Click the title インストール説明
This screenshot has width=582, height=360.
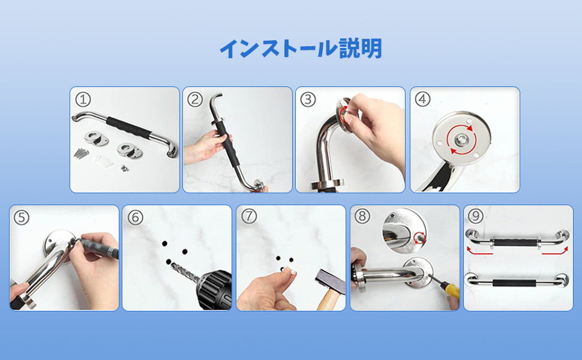coord(301,49)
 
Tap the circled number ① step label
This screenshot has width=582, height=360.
coord(83,100)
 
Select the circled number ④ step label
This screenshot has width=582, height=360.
coord(422,100)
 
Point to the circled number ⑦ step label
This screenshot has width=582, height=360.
coord(248,217)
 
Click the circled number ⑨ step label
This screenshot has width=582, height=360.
coord(475,216)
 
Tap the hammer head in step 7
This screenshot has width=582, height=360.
coord(330,281)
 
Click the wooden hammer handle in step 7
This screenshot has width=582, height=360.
coord(328,300)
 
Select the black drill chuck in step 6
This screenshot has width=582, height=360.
coord(215,289)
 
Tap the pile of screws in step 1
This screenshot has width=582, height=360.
coord(81,152)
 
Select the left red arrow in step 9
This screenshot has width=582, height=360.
coord(479,251)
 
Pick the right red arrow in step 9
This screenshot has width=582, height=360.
coord(555,251)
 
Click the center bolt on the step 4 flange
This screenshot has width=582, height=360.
coord(461,140)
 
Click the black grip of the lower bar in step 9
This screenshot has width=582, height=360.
coord(514,283)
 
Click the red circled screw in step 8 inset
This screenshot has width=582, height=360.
coord(420,236)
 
